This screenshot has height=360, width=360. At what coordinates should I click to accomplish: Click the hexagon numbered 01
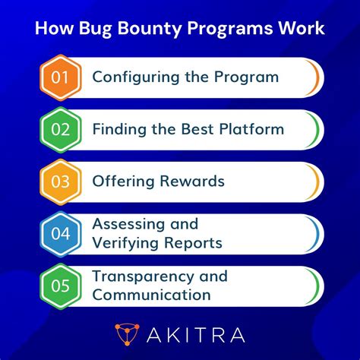point(60,77)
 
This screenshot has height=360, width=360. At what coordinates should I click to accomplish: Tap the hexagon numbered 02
point(60,129)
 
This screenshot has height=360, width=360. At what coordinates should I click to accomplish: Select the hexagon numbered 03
point(60,182)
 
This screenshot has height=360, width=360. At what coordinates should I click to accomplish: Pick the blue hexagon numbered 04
point(60,234)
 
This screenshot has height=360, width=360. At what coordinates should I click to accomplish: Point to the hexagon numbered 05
point(60,286)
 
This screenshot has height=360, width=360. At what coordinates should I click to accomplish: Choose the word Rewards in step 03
point(193,182)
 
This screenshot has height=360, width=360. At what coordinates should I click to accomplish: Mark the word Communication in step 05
point(151,295)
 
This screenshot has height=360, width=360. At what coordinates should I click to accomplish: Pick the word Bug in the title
point(101,30)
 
